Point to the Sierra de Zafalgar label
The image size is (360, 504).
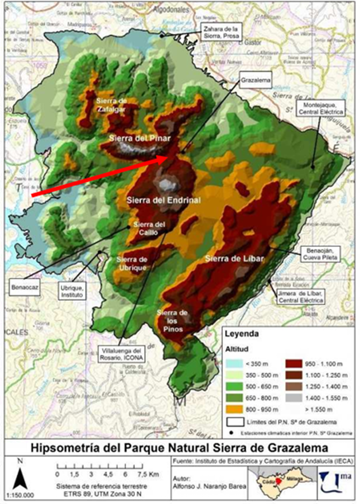pyautogui.click(x=111, y=104)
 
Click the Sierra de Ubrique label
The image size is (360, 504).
pyautogui.click(x=133, y=263)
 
